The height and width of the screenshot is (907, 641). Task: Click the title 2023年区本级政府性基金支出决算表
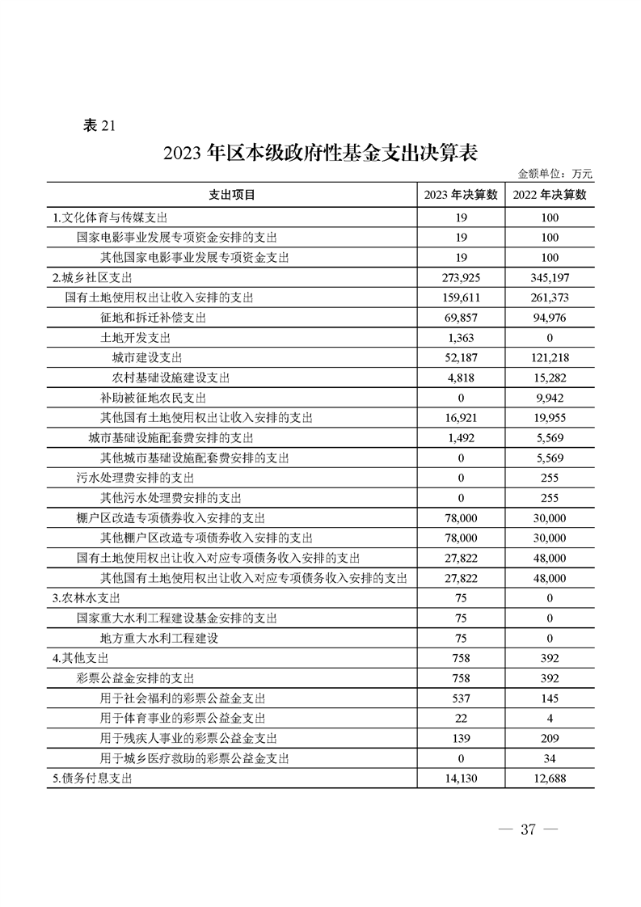321,154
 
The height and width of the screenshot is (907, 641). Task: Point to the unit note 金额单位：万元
555,173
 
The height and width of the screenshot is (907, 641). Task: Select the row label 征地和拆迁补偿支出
153,318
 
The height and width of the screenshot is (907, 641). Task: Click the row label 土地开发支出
135,338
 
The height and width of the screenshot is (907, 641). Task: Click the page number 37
529,830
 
